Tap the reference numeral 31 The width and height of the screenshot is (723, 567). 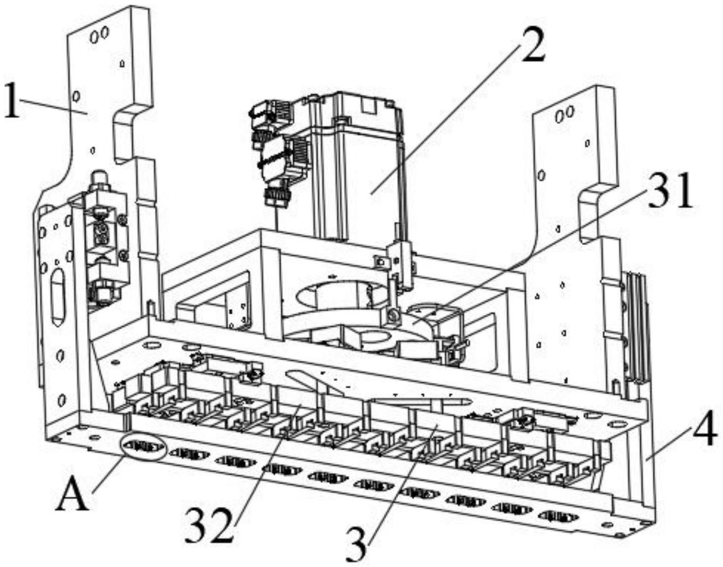(x=670, y=192)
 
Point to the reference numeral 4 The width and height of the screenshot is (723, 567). (x=705, y=434)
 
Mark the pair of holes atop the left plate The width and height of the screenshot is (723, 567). (x=100, y=34)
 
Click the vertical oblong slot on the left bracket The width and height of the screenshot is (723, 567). (x=58, y=296)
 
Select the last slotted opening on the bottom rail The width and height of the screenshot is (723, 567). (x=559, y=516)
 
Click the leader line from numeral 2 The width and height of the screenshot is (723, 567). (x=444, y=118)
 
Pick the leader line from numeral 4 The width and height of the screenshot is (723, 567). (x=671, y=446)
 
